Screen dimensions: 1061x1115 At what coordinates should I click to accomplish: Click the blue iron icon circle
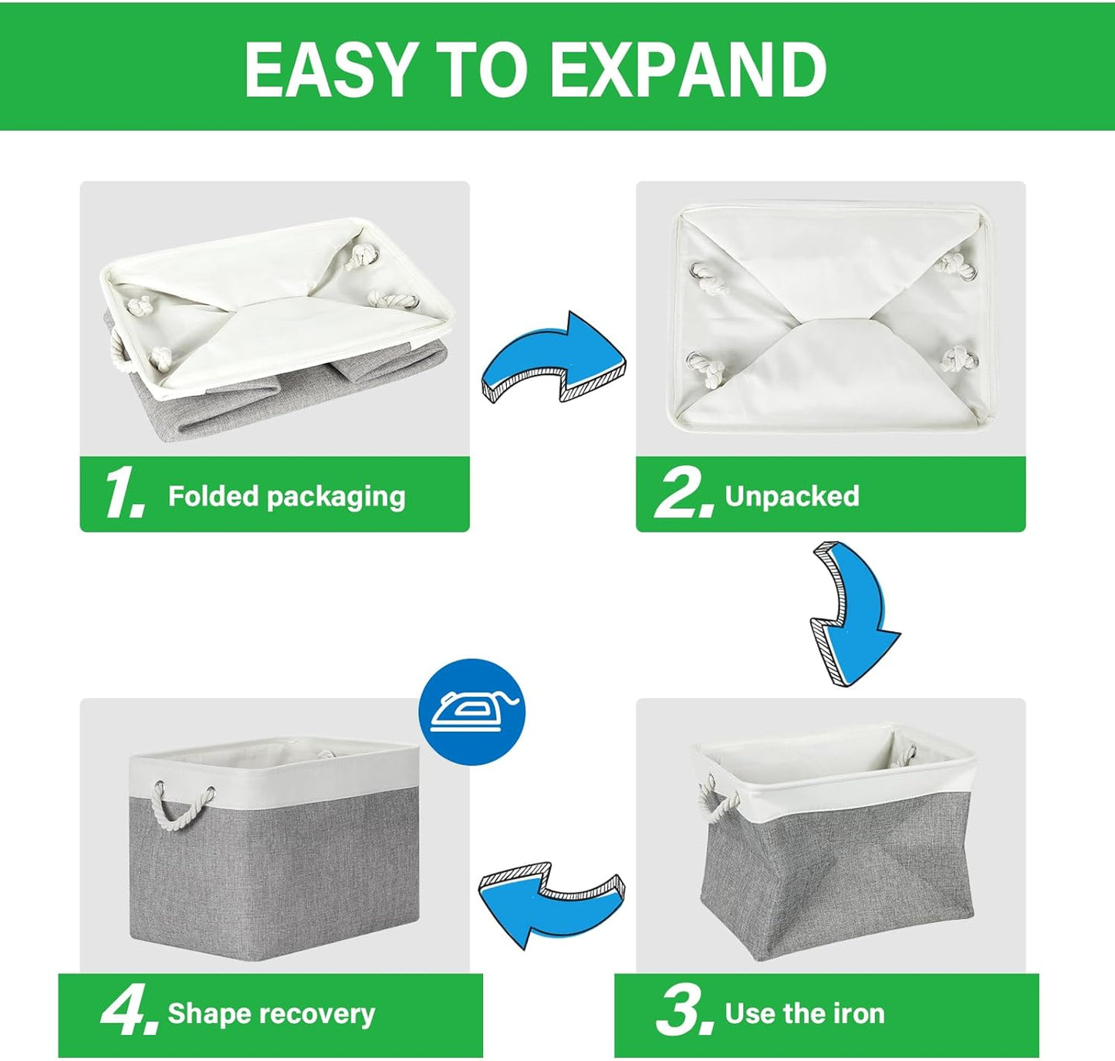coord(471,711)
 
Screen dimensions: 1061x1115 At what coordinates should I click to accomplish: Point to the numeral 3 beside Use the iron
coord(683,1012)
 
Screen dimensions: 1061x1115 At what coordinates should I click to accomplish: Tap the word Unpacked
coord(792,496)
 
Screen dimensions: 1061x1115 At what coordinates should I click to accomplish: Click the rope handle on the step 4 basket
coord(184,809)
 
